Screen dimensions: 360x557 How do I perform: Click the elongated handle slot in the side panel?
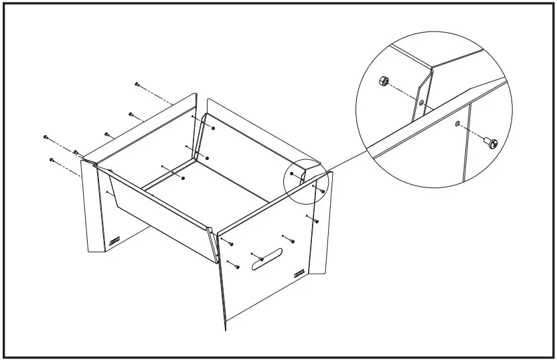(266, 260)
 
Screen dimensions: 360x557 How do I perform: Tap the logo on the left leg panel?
(114, 242)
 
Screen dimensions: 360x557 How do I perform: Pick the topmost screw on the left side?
(137, 84)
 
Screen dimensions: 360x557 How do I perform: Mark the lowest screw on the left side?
(51, 159)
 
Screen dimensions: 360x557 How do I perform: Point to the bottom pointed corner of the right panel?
(225, 330)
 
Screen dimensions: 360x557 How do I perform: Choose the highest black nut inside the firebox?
(212, 126)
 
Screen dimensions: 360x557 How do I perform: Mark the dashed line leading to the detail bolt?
(472, 133)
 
